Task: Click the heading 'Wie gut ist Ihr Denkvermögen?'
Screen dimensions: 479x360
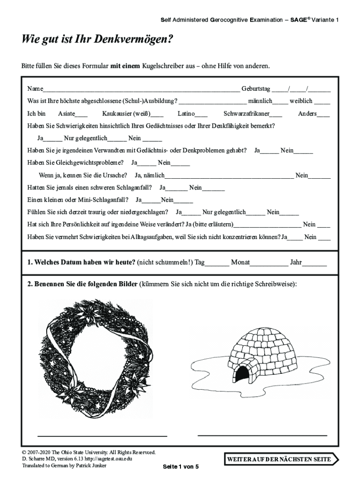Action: click(x=97, y=40)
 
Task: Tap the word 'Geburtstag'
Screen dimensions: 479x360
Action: click(x=256, y=89)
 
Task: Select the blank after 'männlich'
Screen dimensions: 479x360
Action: click(x=280, y=102)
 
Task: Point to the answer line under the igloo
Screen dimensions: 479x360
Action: click(x=262, y=435)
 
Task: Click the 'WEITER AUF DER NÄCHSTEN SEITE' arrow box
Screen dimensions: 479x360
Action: click(x=280, y=459)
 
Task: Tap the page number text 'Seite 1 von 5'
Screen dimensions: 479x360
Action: click(x=180, y=467)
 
